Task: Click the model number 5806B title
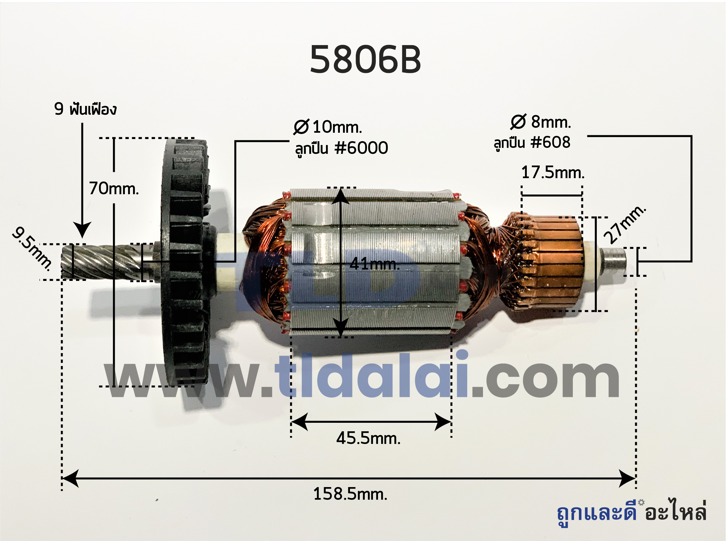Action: [365, 60]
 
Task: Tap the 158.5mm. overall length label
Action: [350, 494]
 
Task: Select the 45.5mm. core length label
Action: [369, 438]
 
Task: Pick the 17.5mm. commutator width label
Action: [553, 172]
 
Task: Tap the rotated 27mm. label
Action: [625, 225]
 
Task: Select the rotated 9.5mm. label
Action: [32, 249]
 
